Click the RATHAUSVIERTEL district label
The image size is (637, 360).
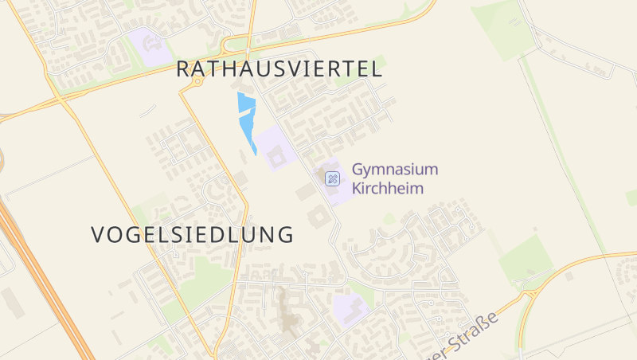(279, 69)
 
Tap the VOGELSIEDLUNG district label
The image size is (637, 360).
(192, 235)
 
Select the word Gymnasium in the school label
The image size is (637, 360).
(395, 170)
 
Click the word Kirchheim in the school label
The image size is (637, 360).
(389, 189)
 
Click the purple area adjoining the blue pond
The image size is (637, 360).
(274, 147)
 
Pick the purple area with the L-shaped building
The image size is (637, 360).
(350, 307)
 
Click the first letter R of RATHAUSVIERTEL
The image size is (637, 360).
(182, 69)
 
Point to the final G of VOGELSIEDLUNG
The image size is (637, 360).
(285, 235)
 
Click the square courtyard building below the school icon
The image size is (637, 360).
(317, 216)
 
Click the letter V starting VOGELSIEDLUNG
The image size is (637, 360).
(99, 235)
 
